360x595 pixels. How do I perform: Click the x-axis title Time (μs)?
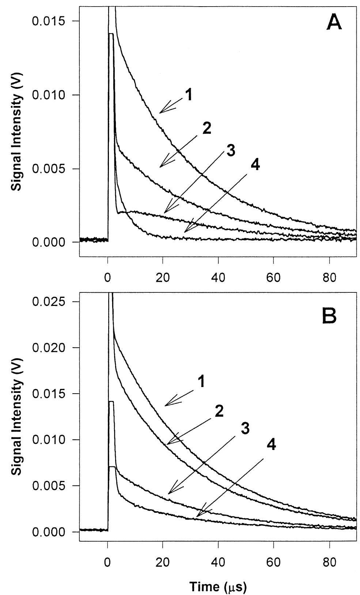[218, 587]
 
